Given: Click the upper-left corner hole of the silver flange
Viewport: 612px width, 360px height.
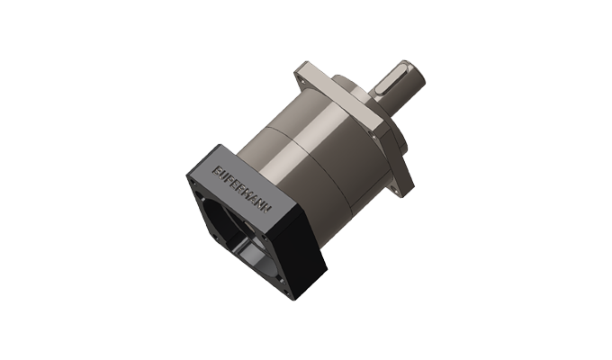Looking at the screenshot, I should coord(311,71).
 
